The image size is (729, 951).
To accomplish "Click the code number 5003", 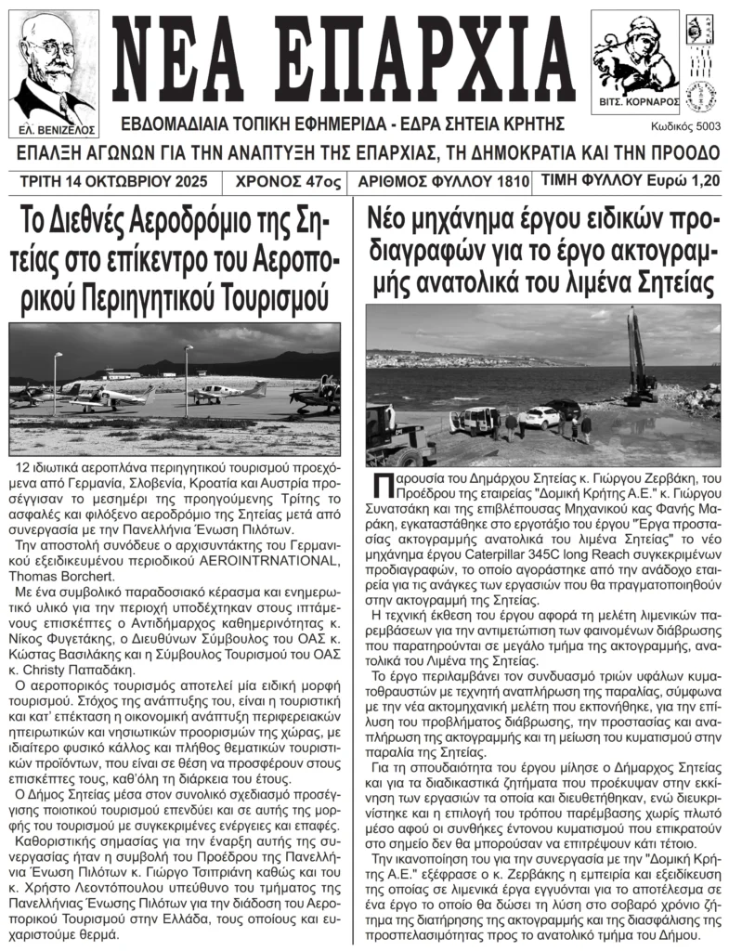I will tap(704, 125).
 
